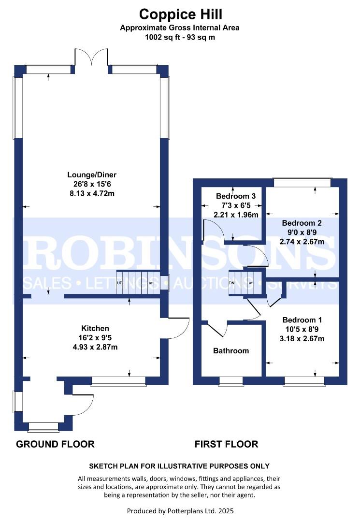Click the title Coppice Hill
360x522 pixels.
(180, 14)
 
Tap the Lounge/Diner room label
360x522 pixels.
(92, 175)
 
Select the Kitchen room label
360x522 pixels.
(95, 329)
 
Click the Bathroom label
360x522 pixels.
(231, 351)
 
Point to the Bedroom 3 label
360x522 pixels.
(236, 196)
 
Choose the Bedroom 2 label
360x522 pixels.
(302, 223)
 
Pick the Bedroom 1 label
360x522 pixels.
(302, 320)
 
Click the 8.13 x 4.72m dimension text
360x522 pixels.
(92, 193)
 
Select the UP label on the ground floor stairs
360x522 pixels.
(120, 283)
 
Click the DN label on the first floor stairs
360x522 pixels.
(232, 283)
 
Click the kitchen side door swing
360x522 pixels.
(178, 328)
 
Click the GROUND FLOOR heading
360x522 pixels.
(55, 444)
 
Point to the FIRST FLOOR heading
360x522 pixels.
(226, 444)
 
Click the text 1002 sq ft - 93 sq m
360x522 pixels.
(180, 37)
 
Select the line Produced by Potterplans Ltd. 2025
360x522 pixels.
(180, 511)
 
